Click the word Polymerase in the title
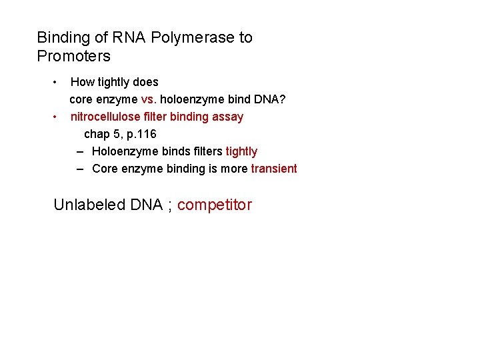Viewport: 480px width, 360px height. (193, 37)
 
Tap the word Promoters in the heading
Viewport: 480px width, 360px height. (73, 56)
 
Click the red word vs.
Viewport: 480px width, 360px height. (149, 100)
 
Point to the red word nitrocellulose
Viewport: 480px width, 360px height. (103, 117)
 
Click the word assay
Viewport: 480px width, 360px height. (228, 117)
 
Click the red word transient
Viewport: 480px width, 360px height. (274, 169)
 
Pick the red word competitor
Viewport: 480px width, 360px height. (215, 205)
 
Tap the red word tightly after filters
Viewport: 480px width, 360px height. (241, 151)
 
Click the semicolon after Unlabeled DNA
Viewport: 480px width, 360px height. (170, 206)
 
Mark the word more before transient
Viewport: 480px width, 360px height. (234, 169)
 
